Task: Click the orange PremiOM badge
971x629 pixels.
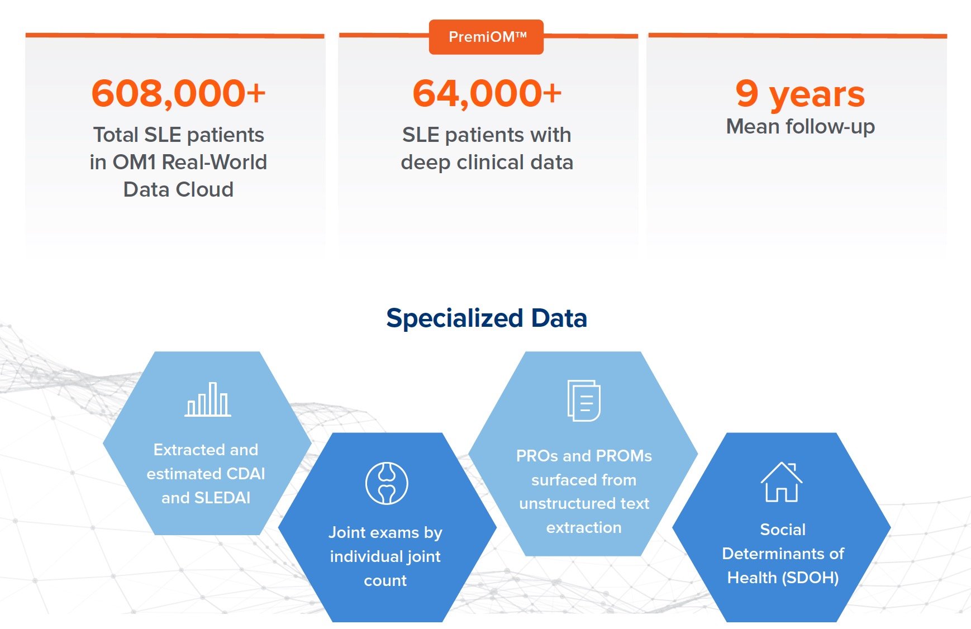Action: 486,37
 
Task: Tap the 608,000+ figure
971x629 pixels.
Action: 179,93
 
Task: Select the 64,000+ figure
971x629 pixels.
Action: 487,93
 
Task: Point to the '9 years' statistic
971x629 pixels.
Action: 800,94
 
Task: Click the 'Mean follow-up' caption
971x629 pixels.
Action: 800,127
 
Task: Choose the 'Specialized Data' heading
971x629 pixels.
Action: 487,318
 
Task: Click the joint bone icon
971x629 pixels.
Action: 387,483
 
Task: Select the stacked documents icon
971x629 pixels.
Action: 584,400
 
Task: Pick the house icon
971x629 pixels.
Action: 782,482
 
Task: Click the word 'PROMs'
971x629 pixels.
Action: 624,456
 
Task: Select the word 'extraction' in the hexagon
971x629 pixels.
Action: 584,528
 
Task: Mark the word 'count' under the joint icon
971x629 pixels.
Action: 385,581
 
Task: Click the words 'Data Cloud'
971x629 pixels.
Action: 178,189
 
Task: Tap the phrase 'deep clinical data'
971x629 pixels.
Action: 487,162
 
